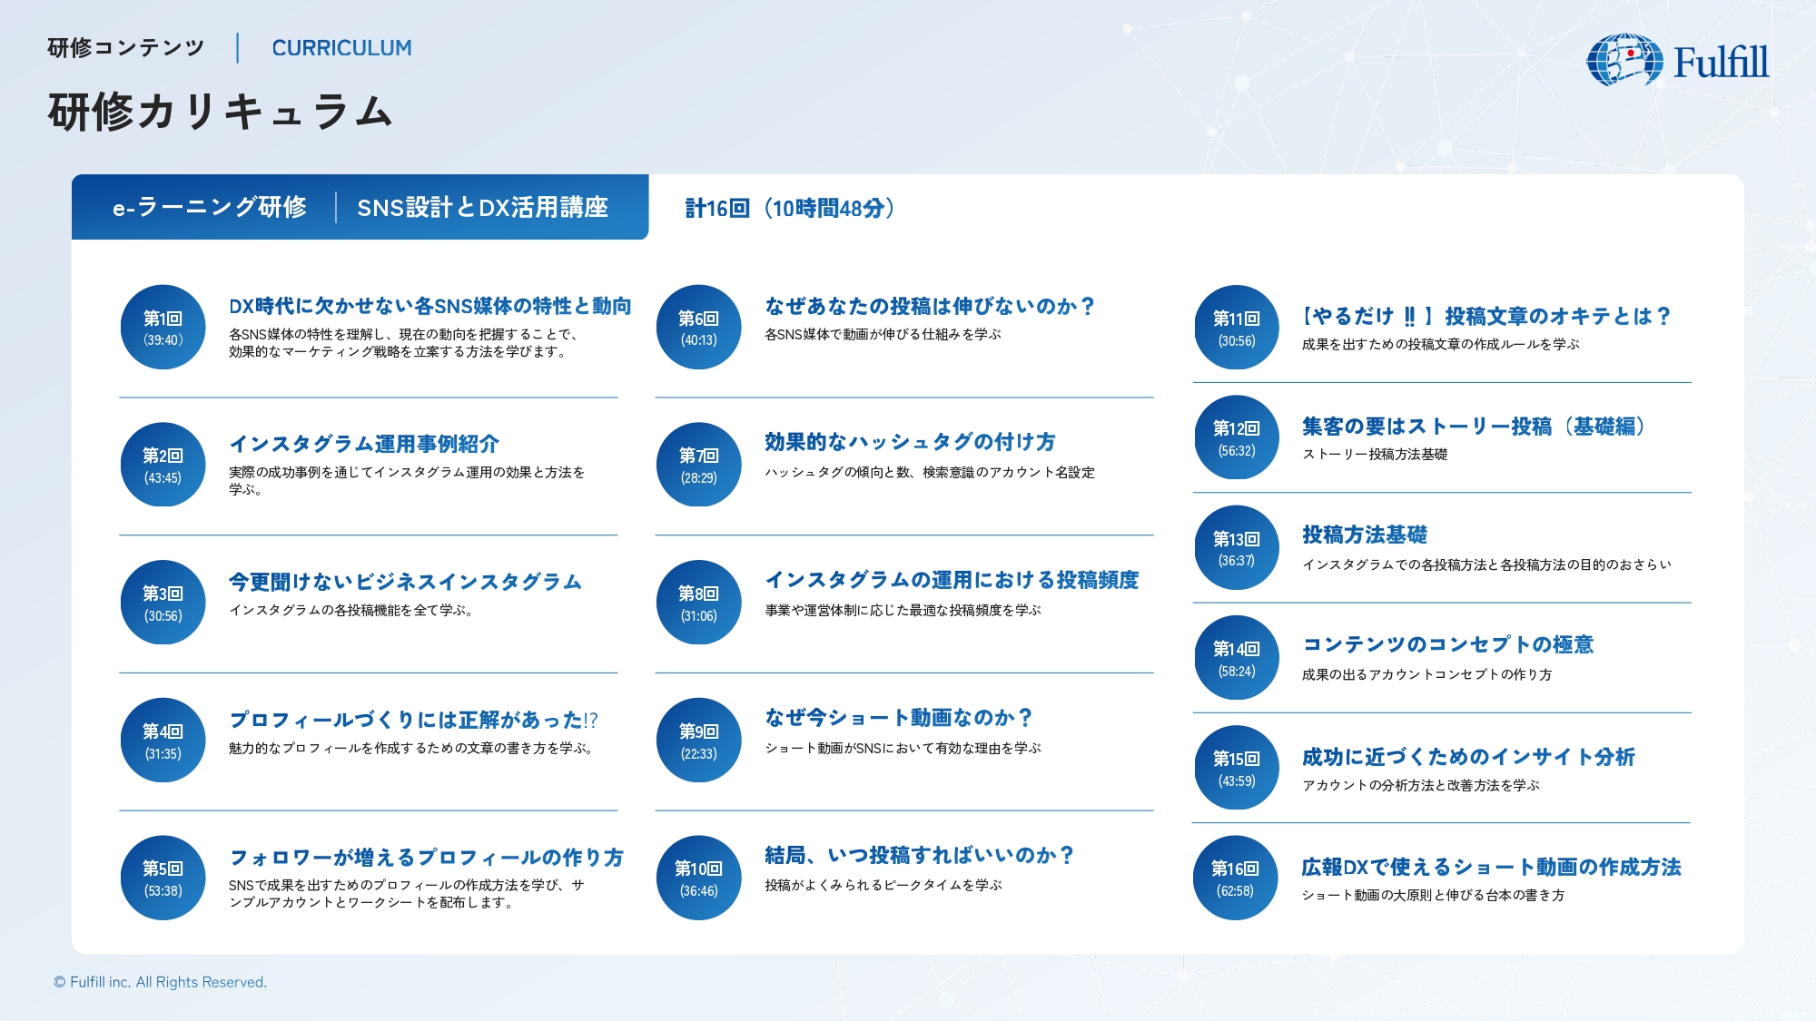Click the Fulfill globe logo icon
click(x=1624, y=60)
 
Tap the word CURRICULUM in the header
click(x=341, y=48)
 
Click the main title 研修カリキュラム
click(x=221, y=113)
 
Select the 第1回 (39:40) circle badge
click(x=163, y=328)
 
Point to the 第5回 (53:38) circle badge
click(x=163, y=879)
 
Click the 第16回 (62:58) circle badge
click(x=1236, y=879)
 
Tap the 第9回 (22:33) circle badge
click(x=699, y=741)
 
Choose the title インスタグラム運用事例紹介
click(x=364, y=444)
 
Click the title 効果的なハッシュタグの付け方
click(x=910, y=442)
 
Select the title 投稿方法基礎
click(x=1365, y=535)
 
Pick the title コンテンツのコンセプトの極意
click(x=1448, y=644)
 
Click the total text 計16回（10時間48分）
click(x=790, y=209)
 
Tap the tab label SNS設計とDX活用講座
click(x=482, y=208)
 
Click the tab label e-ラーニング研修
click(x=210, y=208)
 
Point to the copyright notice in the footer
click(x=160, y=982)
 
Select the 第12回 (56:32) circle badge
click(x=1236, y=437)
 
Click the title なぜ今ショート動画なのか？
click(x=899, y=718)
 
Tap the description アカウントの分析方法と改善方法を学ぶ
click(x=1421, y=785)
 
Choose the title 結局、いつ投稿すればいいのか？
click(x=920, y=856)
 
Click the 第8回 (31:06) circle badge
click(x=699, y=603)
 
